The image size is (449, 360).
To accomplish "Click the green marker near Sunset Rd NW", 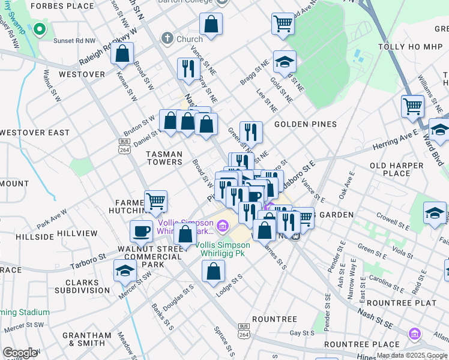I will tap(40, 29).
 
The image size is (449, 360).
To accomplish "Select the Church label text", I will tap(189, 40).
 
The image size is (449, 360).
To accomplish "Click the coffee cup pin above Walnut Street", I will tap(142, 230).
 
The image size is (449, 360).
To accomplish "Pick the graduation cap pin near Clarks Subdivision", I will tap(125, 271).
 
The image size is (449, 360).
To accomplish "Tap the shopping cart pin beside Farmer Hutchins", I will tap(156, 201).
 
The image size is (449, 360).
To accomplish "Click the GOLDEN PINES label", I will tap(305, 124).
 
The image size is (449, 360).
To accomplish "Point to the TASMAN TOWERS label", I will tap(164, 158).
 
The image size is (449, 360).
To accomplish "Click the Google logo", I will tap(20, 353).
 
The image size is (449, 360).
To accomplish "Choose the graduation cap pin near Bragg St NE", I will tap(285, 61).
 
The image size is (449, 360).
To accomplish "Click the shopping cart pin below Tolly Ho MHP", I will tap(412, 106).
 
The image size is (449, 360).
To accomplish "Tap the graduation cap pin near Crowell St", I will tap(435, 213).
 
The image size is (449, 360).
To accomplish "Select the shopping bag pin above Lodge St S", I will tap(214, 271).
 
